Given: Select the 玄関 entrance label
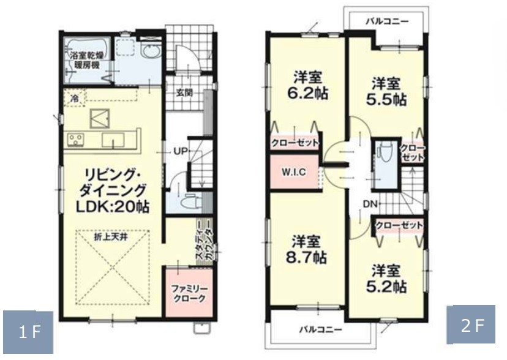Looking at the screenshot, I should coord(186,93).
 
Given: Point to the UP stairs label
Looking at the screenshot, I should coord(180,151).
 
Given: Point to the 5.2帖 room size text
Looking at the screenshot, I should coord(387,285).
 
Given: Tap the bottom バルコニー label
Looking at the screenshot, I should coord(320,329).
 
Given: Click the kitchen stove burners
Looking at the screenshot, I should coord(75,140).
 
